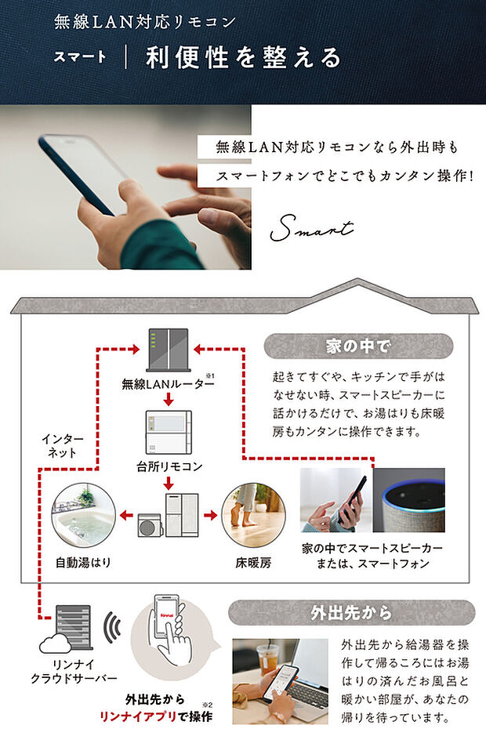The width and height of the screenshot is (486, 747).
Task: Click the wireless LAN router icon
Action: click(x=167, y=350)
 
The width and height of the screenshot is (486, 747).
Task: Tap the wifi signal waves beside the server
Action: click(x=114, y=628)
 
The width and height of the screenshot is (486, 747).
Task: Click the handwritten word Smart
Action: click(x=311, y=229)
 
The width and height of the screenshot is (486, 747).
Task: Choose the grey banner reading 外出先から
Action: click(x=351, y=611)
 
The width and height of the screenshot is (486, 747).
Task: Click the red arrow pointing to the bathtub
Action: click(x=125, y=515)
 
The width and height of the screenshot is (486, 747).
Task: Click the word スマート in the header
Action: click(x=80, y=58)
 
